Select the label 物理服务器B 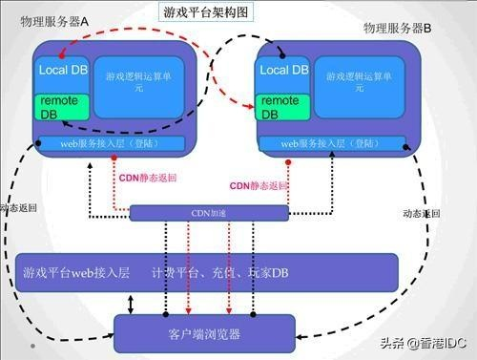[399, 30]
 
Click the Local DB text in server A [63, 71]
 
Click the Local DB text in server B [284, 70]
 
